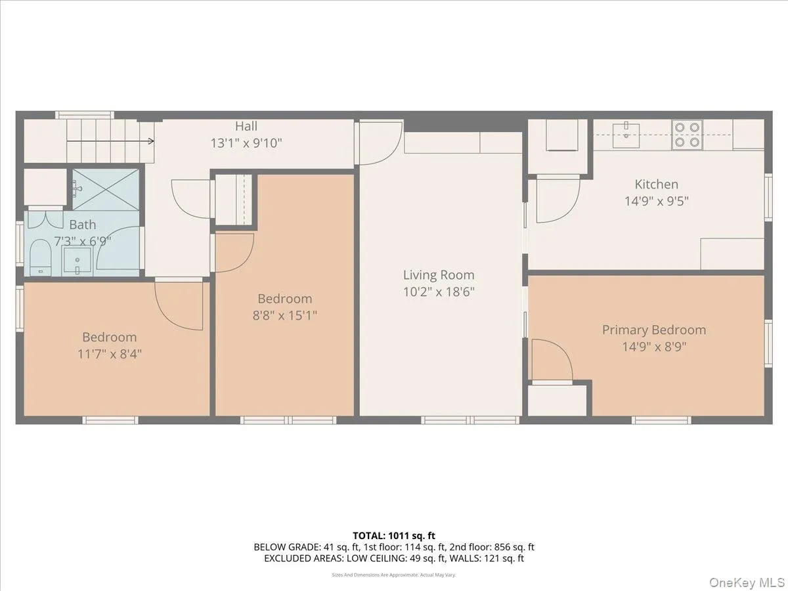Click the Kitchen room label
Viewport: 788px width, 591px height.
(656, 185)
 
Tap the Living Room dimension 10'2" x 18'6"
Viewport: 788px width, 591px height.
(439, 292)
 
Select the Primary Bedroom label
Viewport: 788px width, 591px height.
(654, 330)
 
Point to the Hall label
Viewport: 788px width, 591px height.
(246, 126)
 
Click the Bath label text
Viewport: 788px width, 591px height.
(82, 225)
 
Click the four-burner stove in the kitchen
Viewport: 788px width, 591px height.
(687, 134)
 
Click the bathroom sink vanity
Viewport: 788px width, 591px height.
(77, 261)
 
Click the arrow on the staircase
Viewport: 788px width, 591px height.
(110, 141)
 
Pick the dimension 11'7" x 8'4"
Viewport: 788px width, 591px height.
(109, 354)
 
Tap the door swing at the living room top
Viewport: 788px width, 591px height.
(381, 142)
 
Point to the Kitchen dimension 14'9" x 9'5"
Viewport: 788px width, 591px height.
(656, 201)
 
